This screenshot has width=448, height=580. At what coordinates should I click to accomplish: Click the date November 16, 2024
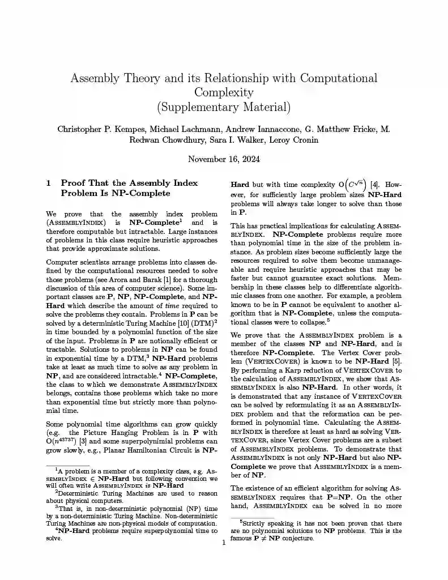(x=224, y=159)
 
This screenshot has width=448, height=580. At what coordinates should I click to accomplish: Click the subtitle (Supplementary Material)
(x=224, y=106)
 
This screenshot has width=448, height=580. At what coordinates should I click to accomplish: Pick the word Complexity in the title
(x=224, y=92)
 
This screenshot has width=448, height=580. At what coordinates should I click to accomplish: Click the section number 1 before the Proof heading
(x=49, y=183)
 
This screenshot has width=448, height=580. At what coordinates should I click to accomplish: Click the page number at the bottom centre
(x=224, y=543)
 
